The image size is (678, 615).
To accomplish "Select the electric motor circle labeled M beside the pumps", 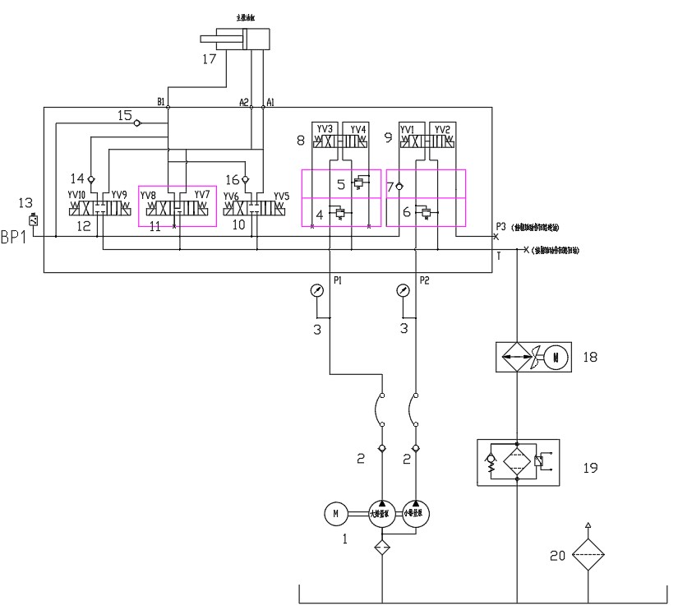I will point(335,515).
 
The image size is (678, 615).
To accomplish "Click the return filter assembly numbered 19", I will point(517,463).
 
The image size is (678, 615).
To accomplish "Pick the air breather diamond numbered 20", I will point(588,555).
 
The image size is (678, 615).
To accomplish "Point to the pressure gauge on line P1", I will point(318,291).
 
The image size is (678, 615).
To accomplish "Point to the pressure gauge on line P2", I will point(403,291).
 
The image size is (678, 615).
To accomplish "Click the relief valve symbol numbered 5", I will point(357,183).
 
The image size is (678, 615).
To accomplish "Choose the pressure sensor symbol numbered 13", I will point(33,220).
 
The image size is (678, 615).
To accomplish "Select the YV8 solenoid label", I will point(148,195).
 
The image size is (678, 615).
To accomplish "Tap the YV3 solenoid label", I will point(324,129).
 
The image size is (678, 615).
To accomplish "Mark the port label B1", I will point(162,103).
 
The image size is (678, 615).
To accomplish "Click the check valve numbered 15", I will point(137,123).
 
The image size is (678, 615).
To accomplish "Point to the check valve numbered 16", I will point(245,179).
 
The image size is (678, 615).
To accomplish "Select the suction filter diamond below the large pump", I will point(382,548).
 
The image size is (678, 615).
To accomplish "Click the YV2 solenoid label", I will point(442,129).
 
